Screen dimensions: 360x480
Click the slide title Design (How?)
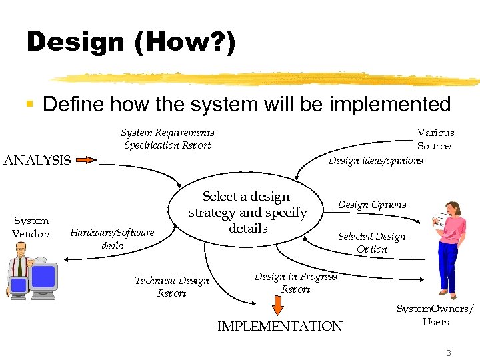131,43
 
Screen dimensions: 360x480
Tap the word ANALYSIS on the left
37,160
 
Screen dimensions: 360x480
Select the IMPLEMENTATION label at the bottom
279,326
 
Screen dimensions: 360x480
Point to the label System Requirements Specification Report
167,139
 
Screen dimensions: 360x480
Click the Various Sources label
435,139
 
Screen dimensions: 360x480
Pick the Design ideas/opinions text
375,160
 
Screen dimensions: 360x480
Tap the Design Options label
371,205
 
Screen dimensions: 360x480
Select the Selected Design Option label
371,243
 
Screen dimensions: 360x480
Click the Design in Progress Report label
295,283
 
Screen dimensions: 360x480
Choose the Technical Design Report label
172,287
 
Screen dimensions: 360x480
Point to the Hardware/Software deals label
112,239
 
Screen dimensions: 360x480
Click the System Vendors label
31,227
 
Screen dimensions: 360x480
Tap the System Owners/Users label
435,315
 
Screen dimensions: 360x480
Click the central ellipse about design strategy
247,213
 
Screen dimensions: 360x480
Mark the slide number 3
449,353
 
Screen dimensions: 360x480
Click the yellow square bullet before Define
29,105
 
